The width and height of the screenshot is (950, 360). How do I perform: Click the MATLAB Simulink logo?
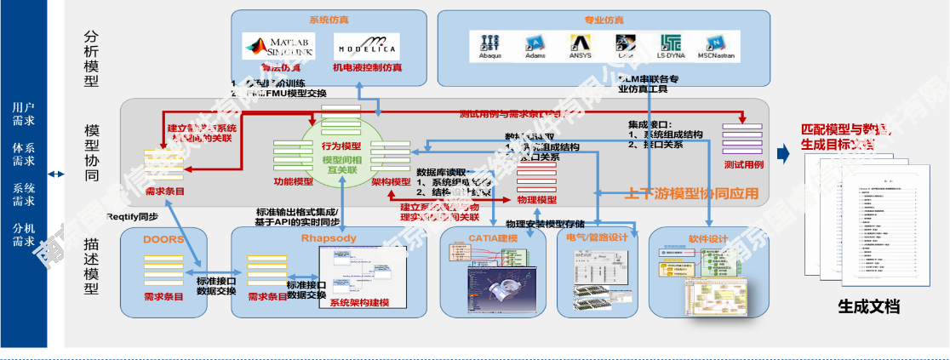[x=279, y=46]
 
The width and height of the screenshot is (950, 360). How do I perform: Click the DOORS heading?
[x=163, y=239]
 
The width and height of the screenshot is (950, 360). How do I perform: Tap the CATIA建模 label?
[x=492, y=238]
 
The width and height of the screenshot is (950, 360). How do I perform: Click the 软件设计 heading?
[x=706, y=238]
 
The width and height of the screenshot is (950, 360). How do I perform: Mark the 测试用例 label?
[x=743, y=164]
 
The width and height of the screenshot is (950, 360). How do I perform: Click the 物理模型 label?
[x=536, y=199]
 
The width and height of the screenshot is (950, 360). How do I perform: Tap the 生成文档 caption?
[x=868, y=306]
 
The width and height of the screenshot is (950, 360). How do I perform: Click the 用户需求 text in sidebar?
[x=24, y=114]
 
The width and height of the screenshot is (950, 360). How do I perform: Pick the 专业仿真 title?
[x=603, y=19]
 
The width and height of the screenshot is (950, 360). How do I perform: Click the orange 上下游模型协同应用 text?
[x=692, y=194]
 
